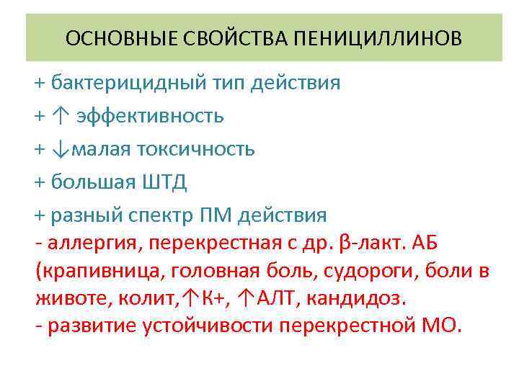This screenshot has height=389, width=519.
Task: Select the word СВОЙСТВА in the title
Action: pyautogui.click(x=232, y=37)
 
